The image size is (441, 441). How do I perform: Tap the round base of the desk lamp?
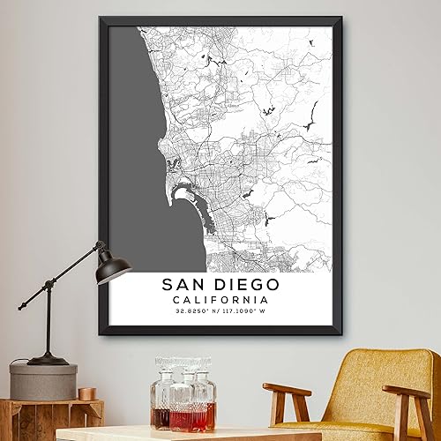[49, 359]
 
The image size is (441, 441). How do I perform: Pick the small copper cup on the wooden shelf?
[86, 393]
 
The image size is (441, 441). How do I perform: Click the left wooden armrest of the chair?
[287, 389]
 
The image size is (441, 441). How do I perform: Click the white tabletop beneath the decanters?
[159, 434]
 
